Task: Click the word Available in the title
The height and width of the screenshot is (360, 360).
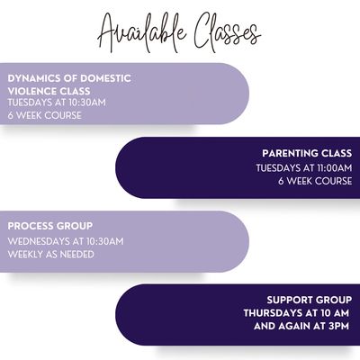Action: pyautogui.click(x=142, y=33)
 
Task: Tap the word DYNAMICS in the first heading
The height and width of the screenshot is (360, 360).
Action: pyautogui.click(x=34, y=78)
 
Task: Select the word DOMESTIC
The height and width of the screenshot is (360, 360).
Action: pyautogui.click(x=105, y=78)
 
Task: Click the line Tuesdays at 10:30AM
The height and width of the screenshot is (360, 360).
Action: pyautogui.click(x=57, y=103)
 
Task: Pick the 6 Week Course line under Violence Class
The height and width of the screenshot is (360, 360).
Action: pyautogui.click(x=44, y=115)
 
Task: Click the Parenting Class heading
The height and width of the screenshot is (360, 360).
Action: pyautogui.click(x=307, y=153)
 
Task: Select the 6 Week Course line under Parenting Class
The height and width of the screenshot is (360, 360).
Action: pyautogui.click(x=315, y=181)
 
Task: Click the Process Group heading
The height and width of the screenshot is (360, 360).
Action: pyautogui.click(x=50, y=226)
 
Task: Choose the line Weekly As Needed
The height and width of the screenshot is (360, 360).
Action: pyautogui.click(x=51, y=255)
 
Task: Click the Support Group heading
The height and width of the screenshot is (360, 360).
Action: pyautogui.click(x=310, y=300)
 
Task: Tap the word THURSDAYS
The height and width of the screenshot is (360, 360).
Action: pyautogui.click(x=273, y=313)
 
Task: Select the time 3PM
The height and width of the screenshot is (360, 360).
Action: pyautogui.click(x=339, y=326)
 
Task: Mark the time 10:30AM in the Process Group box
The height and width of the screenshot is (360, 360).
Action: pyautogui.click(x=105, y=241)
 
